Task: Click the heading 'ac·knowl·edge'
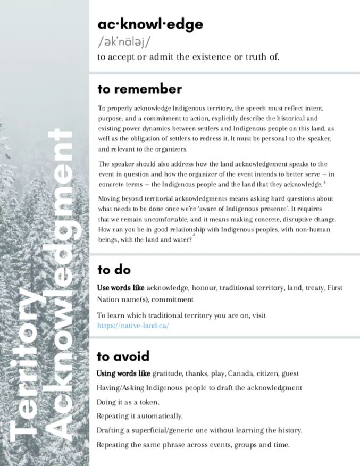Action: pyautogui.click(x=150, y=24)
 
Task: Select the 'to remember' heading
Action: pyautogui.click(x=139, y=89)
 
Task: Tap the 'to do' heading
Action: pyautogui.click(x=114, y=270)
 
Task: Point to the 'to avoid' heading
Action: pyautogui.click(x=123, y=355)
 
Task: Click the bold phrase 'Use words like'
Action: pyautogui.click(x=121, y=288)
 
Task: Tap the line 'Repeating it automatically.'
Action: pyautogui.click(x=139, y=415)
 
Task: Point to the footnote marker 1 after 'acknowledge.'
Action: pyautogui.click(x=325, y=182)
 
